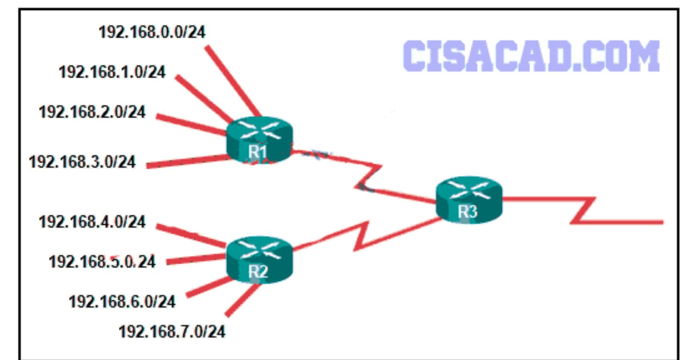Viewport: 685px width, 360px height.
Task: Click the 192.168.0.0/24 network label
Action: point(152,32)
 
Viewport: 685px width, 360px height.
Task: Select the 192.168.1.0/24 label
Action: point(112,72)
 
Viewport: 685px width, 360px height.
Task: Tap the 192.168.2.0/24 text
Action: point(92,112)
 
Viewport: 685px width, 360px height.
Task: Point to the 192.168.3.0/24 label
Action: point(82,162)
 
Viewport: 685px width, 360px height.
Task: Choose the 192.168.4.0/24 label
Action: point(92,222)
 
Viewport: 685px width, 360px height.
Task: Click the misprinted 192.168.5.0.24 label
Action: point(102,262)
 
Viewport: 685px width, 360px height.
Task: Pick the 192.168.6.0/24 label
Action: point(122,302)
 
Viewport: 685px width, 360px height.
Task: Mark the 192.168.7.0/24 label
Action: point(172,332)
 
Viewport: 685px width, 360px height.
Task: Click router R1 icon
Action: point(259,140)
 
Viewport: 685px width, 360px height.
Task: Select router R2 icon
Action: point(259,259)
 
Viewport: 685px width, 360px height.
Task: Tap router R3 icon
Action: point(469,200)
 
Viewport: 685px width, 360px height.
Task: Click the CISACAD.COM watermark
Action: point(531,56)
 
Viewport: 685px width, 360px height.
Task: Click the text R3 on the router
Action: point(467,212)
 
